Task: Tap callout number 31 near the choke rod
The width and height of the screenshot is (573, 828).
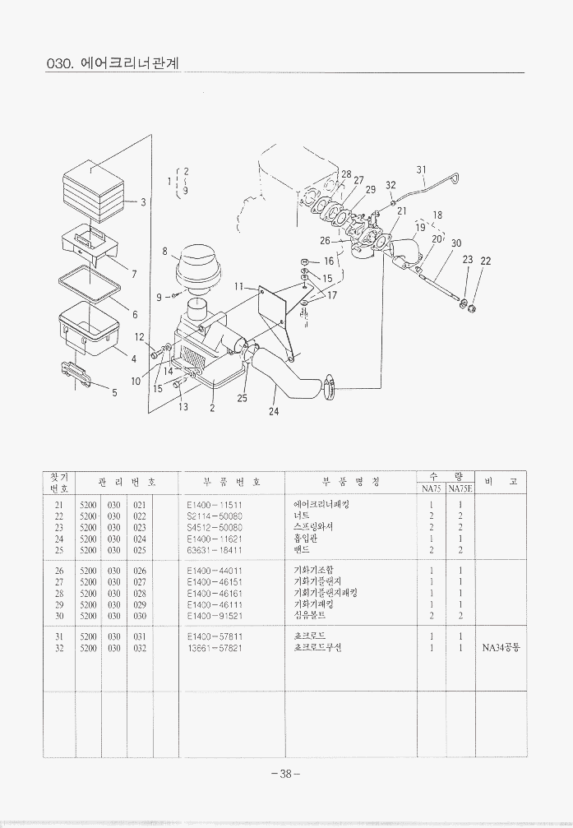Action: coord(421,170)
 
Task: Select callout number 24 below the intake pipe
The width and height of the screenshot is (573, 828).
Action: coord(274,411)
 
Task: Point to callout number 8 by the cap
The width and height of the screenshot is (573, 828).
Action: coord(165,251)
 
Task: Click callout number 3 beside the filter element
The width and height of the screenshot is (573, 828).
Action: coord(143,202)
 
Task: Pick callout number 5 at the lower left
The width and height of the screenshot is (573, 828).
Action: coord(114,392)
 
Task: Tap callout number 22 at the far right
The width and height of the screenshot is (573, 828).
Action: coord(485,261)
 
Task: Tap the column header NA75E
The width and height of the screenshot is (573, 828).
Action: coord(460,488)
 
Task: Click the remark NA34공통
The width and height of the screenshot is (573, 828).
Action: coord(501,647)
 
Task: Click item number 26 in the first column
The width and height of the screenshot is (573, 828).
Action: coord(58,570)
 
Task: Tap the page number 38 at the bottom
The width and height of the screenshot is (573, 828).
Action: coord(285,773)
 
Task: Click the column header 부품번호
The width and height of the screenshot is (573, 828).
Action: coord(230,481)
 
